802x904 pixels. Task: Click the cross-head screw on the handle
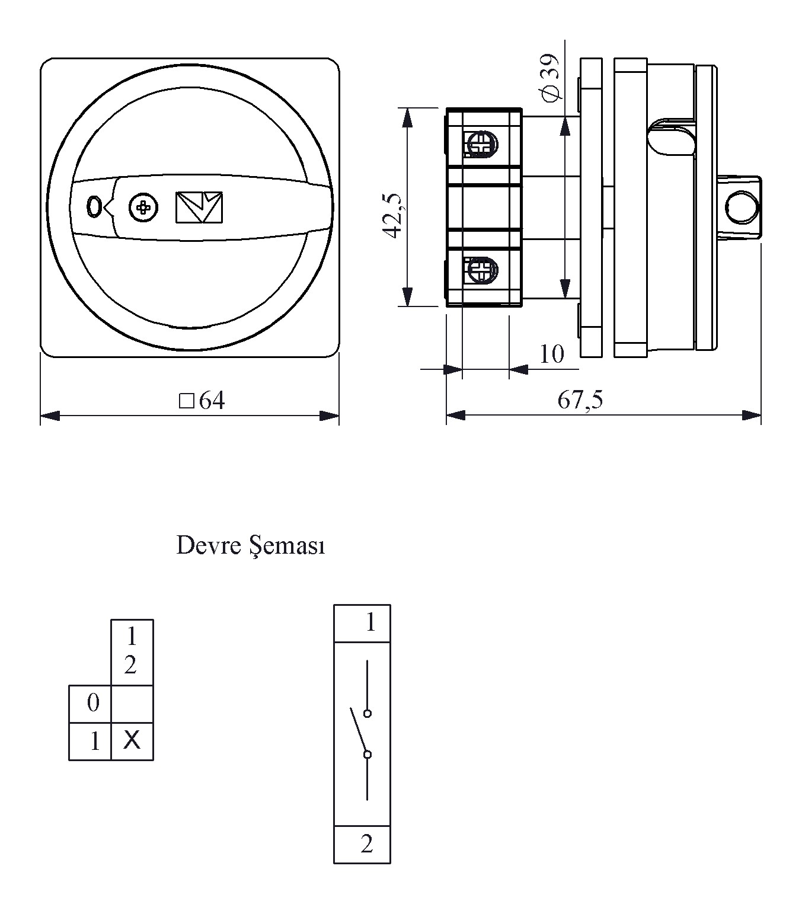pyautogui.click(x=143, y=207)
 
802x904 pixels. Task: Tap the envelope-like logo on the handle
pyautogui.click(x=199, y=207)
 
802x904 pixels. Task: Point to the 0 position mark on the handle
pyautogui.click(x=93, y=207)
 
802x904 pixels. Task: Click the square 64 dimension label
pyautogui.click(x=202, y=401)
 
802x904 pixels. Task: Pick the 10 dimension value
pyautogui.click(x=551, y=354)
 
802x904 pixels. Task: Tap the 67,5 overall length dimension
pyautogui.click(x=580, y=400)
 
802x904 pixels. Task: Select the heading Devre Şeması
pyautogui.click(x=250, y=545)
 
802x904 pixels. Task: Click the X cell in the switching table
pyautogui.click(x=132, y=740)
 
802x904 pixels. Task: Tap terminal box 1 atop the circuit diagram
pyautogui.click(x=362, y=623)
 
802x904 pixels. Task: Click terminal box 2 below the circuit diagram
pyautogui.click(x=362, y=844)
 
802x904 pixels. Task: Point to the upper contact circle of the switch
pyautogui.click(x=368, y=713)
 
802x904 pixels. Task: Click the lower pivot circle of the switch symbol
pyautogui.click(x=368, y=754)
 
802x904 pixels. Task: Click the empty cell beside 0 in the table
pyautogui.click(x=132, y=704)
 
